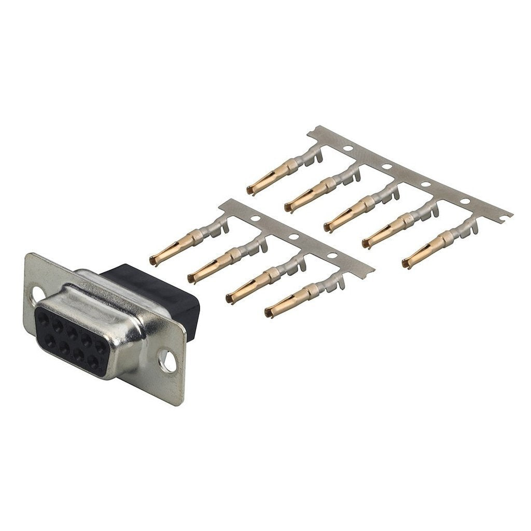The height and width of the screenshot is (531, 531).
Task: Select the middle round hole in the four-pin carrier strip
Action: [x=294, y=237]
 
